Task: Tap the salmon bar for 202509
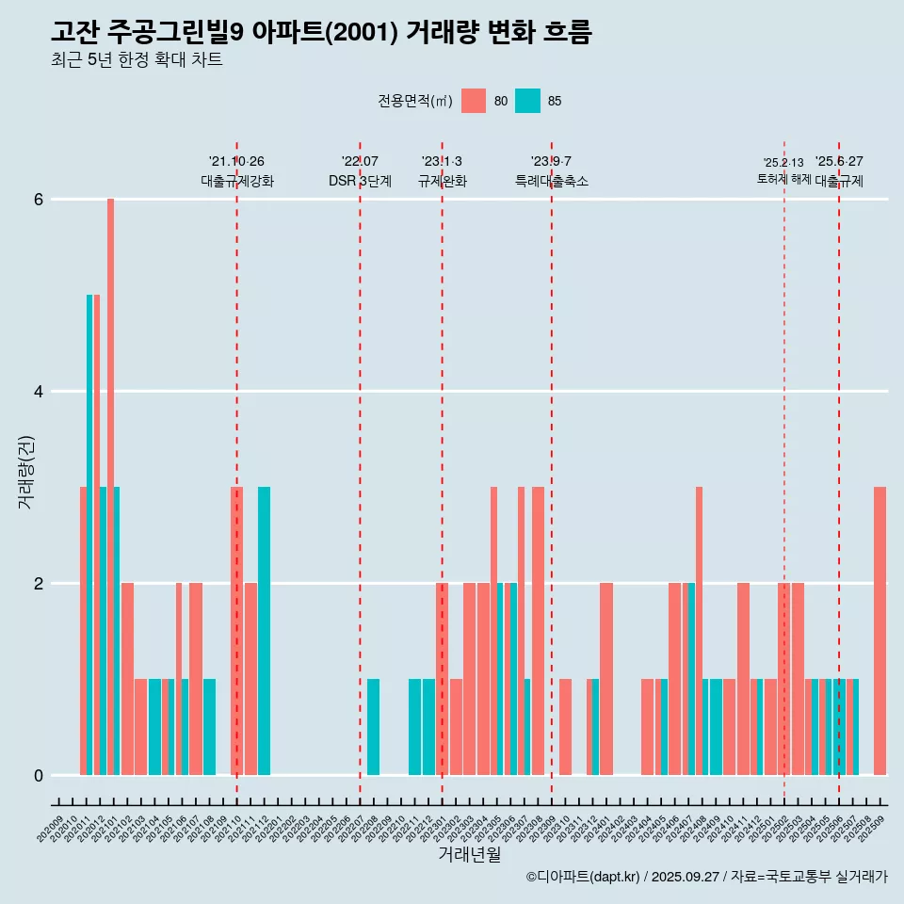[880, 631]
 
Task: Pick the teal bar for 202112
[265, 631]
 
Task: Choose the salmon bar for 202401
[606, 679]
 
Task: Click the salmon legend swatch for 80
[474, 101]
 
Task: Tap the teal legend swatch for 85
[528, 101]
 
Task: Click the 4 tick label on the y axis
[39, 392]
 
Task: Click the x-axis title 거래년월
[469, 854]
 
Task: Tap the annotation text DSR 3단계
[360, 181]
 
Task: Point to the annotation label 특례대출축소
[552, 181]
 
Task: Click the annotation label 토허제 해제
[783, 178]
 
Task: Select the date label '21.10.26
[236, 161]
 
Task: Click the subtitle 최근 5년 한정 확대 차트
[137, 60]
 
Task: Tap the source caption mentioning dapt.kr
[706, 877]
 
